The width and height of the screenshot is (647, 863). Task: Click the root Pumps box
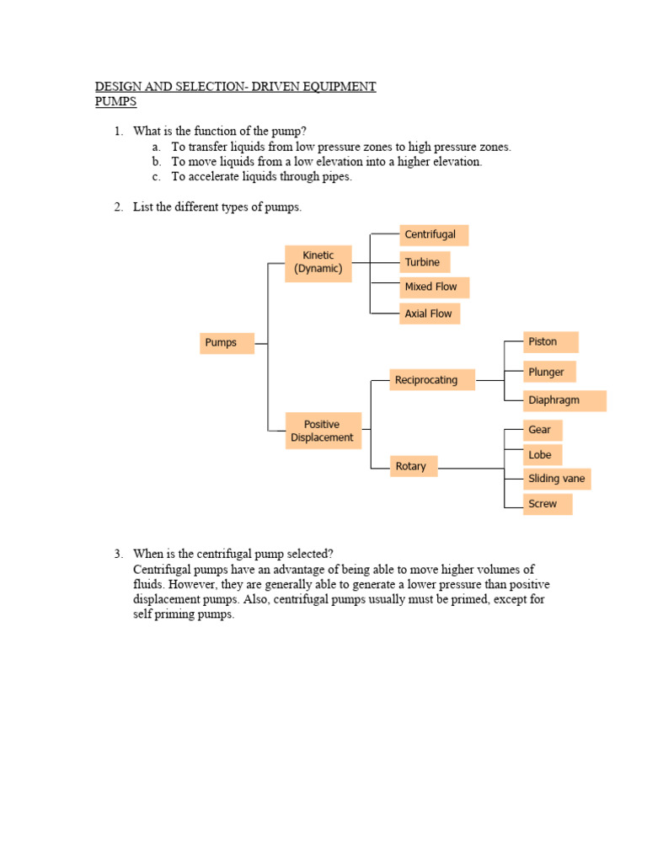point(227,343)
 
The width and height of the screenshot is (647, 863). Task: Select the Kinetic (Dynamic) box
point(318,262)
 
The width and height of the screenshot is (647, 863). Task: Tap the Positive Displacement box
point(323,431)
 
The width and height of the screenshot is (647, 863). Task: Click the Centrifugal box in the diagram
point(433,234)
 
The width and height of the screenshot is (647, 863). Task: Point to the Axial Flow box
point(430,314)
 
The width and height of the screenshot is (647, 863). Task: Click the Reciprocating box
point(432,380)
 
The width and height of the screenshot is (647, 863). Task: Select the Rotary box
point(413,466)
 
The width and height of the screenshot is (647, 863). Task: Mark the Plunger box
point(548,372)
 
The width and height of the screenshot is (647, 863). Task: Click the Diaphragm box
point(564,400)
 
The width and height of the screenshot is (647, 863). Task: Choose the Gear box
point(543,430)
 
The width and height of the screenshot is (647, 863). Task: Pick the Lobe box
point(543,455)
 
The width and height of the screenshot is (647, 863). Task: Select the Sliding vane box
point(557,480)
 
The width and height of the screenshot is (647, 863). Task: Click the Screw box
point(547,504)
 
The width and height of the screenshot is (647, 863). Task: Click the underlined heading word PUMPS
point(115,102)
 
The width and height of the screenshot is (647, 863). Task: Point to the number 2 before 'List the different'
point(119,207)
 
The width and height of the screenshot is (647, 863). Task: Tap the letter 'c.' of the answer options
point(157,177)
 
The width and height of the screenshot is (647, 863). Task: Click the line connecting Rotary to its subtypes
point(470,467)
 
